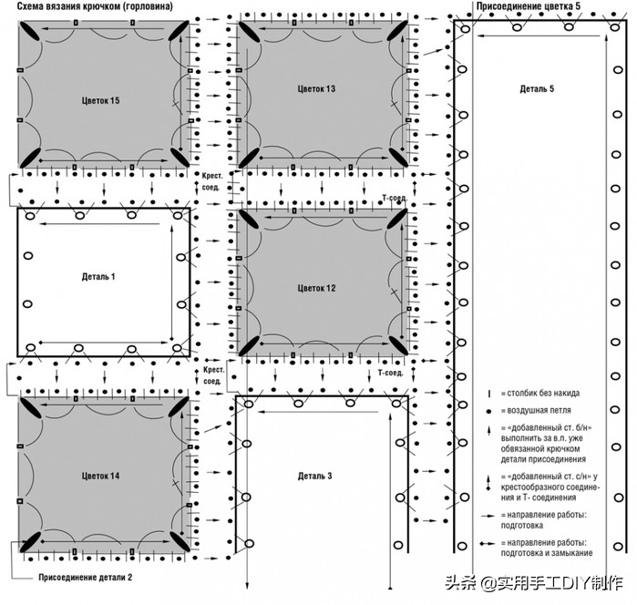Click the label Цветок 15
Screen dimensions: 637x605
[100, 100]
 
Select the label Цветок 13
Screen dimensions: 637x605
[316, 88]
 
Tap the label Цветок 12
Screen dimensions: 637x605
[316, 288]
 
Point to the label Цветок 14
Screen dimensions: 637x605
[100, 476]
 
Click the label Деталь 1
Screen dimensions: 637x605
[98, 277]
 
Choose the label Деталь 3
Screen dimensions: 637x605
[314, 476]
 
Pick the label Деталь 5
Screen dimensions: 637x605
[537, 88]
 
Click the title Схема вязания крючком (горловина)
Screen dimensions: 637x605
[95, 6]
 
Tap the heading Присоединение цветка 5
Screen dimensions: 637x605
[529, 6]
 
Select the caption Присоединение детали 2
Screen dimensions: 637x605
[86, 577]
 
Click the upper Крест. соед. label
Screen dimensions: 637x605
[212, 181]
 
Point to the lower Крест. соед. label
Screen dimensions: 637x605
[213, 375]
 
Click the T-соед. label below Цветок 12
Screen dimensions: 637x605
[390, 373]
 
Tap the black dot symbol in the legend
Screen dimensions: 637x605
[488, 411]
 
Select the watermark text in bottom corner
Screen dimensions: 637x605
[534, 583]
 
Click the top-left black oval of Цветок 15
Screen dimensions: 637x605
[29, 31]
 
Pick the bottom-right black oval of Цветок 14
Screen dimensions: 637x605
[180, 541]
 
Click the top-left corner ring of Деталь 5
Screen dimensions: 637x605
[466, 29]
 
